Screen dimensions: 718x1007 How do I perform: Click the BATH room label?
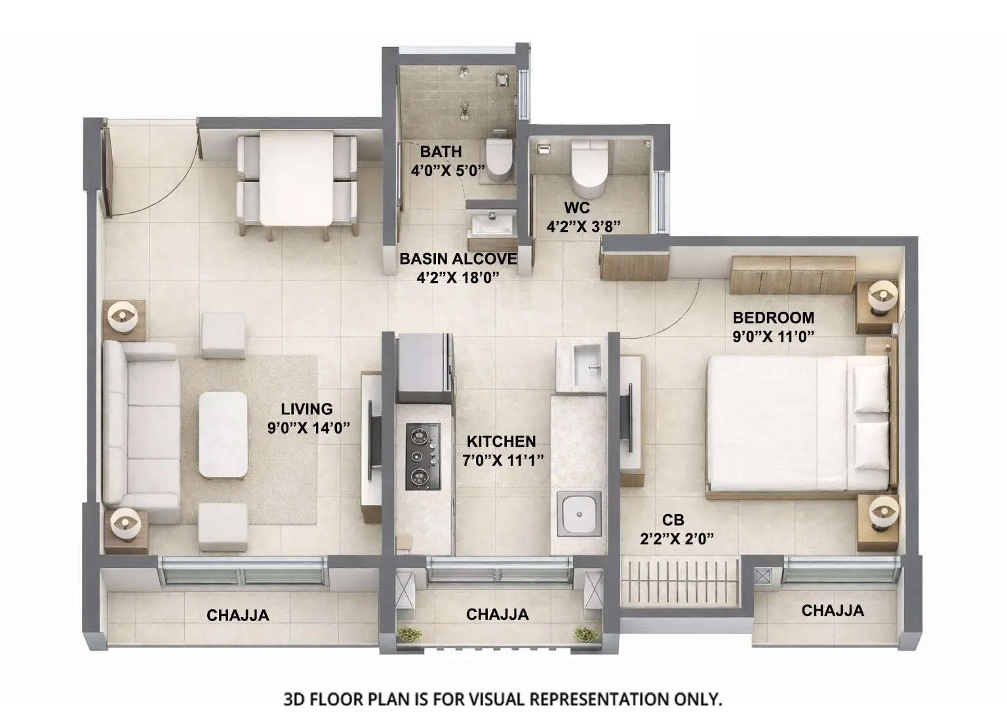pos(441,151)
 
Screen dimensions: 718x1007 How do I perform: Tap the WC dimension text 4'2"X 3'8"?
pos(584,226)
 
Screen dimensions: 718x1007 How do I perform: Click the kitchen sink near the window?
pos(579,513)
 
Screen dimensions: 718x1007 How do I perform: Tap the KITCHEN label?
pos(501,442)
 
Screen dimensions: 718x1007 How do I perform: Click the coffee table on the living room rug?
pos(224,434)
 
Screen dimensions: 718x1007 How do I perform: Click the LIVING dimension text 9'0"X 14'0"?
pos(308,428)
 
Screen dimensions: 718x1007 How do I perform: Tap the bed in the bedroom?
pos(797,423)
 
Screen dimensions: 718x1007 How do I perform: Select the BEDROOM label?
pos(773,318)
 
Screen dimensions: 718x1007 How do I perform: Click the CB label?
pos(673,520)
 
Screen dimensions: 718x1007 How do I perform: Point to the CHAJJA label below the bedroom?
pos(833,611)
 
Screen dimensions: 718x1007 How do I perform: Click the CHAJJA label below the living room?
pos(237,615)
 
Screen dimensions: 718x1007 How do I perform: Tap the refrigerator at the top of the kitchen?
pos(424,368)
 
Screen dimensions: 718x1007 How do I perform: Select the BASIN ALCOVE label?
pos(458,259)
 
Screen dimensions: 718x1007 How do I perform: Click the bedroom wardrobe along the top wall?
pos(793,275)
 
